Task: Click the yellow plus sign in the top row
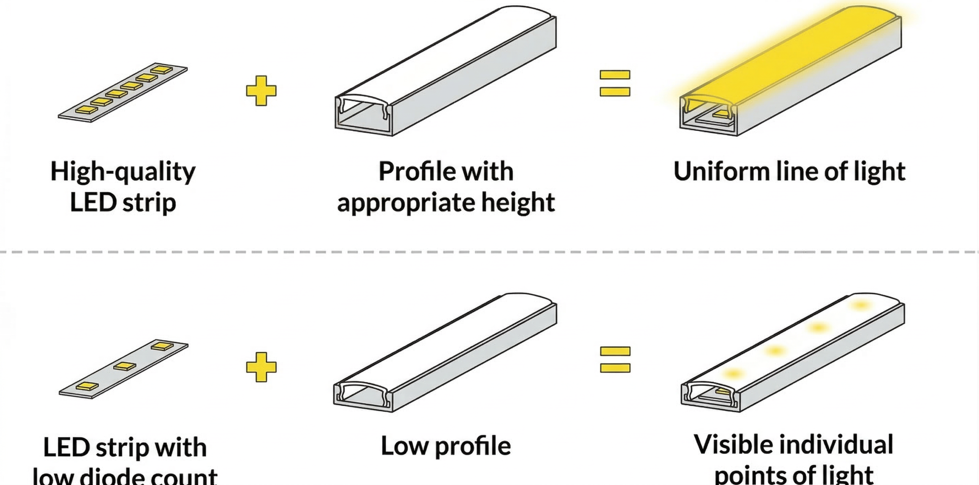pyautogui.click(x=261, y=91)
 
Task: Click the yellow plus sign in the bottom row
pyautogui.click(x=261, y=367)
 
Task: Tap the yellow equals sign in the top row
pyautogui.click(x=615, y=83)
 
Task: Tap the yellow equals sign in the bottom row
pyautogui.click(x=615, y=359)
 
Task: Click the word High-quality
pyautogui.click(x=123, y=172)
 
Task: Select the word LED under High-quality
pyautogui.click(x=93, y=202)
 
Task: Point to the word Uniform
pyautogui.click(x=721, y=172)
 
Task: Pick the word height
pyautogui.click(x=518, y=202)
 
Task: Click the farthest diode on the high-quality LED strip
pyautogui.click(x=161, y=70)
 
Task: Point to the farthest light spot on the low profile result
pyautogui.click(x=860, y=305)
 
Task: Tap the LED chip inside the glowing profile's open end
pyautogui.click(x=720, y=114)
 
